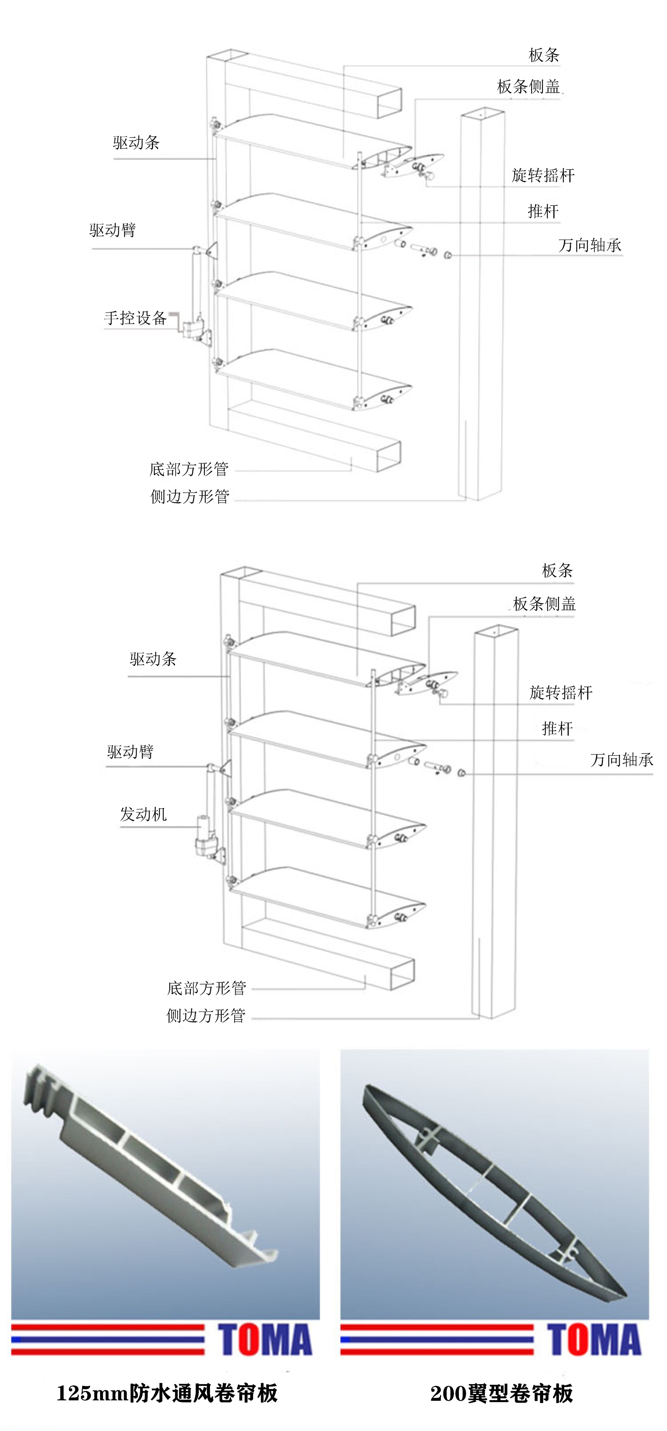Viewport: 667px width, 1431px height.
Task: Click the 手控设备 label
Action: (135, 318)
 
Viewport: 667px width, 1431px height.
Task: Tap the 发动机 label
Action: (144, 814)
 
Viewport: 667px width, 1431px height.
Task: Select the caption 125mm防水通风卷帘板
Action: (167, 1393)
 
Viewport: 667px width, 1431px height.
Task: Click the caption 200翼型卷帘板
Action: (501, 1393)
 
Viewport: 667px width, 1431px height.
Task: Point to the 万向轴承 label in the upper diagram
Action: (590, 245)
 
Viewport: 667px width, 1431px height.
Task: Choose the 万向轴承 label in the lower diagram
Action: (621, 759)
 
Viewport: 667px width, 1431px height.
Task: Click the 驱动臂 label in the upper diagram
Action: (113, 230)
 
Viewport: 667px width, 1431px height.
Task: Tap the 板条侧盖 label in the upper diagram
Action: (528, 87)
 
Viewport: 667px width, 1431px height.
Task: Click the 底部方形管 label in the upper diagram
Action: (189, 469)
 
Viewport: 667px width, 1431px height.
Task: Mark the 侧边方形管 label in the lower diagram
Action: (206, 1015)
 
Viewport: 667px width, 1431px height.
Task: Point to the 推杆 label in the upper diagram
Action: (543, 211)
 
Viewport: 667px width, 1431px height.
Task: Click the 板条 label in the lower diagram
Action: (557, 571)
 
